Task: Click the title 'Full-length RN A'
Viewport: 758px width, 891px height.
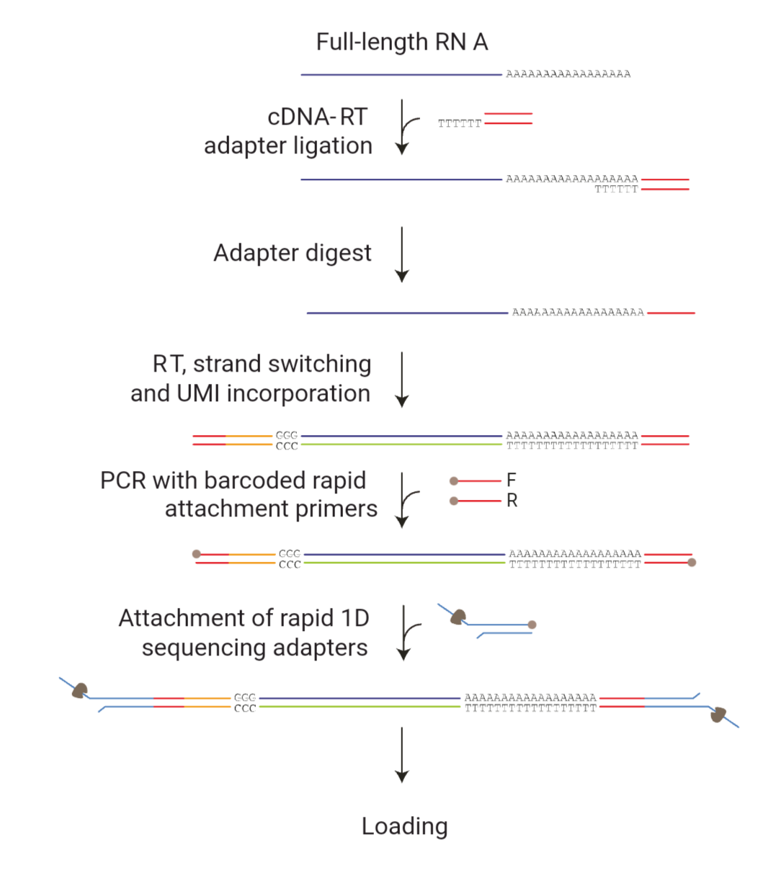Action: point(402,42)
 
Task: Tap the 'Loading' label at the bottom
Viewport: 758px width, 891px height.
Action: point(404,826)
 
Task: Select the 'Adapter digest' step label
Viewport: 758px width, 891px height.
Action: point(293,253)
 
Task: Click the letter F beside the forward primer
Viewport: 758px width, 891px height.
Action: point(512,480)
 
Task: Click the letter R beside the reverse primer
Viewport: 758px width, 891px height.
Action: point(512,501)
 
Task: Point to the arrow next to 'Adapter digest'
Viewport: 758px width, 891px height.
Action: point(402,254)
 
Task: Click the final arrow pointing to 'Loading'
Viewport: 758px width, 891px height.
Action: point(402,754)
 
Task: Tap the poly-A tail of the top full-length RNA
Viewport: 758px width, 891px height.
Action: point(568,74)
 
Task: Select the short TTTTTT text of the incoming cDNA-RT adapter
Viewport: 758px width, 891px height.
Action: point(459,124)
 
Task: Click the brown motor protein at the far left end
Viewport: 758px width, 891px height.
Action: point(79,691)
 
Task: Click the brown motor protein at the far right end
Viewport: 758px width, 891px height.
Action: point(718,715)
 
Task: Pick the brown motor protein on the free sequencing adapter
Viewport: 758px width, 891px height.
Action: point(458,617)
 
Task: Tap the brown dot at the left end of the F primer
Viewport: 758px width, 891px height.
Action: point(454,481)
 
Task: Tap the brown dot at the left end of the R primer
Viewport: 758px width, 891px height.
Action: point(454,501)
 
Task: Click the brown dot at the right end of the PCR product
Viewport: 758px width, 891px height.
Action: point(692,563)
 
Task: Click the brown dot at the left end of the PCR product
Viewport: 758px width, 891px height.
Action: point(196,554)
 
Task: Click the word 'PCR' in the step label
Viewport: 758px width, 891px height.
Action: point(124,480)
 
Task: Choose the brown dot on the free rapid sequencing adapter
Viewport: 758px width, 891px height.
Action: point(532,624)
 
